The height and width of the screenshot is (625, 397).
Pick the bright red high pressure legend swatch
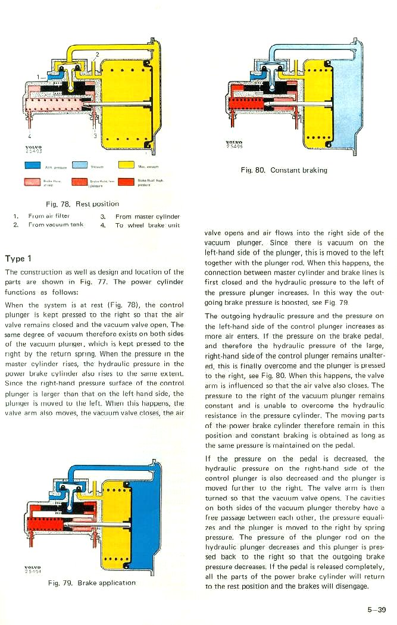coord(126,181)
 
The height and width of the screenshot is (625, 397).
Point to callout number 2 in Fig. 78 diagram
coord(96,55)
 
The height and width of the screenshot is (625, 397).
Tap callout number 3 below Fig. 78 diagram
coord(94,136)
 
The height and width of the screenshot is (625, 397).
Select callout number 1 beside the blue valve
coord(37,77)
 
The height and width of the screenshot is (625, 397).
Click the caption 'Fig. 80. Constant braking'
coord(284,170)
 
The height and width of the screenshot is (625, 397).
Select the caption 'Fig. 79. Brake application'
coord(92,583)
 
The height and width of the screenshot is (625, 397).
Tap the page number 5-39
coord(376,609)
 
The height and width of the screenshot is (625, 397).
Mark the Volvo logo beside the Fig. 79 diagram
coord(32,569)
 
